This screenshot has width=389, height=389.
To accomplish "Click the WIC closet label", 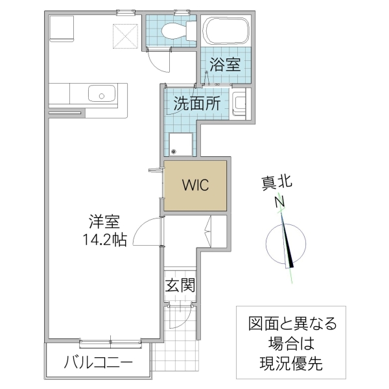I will tap(194, 185).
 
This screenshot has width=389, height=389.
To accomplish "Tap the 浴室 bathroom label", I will tap(225, 64).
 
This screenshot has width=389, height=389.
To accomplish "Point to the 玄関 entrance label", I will tap(180, 285).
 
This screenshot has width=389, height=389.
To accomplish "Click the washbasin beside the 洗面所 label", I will tap(241, 104).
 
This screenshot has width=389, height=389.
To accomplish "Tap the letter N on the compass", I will tap(280, 202).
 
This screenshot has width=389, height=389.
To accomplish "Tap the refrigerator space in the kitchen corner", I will tap(64, 29).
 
